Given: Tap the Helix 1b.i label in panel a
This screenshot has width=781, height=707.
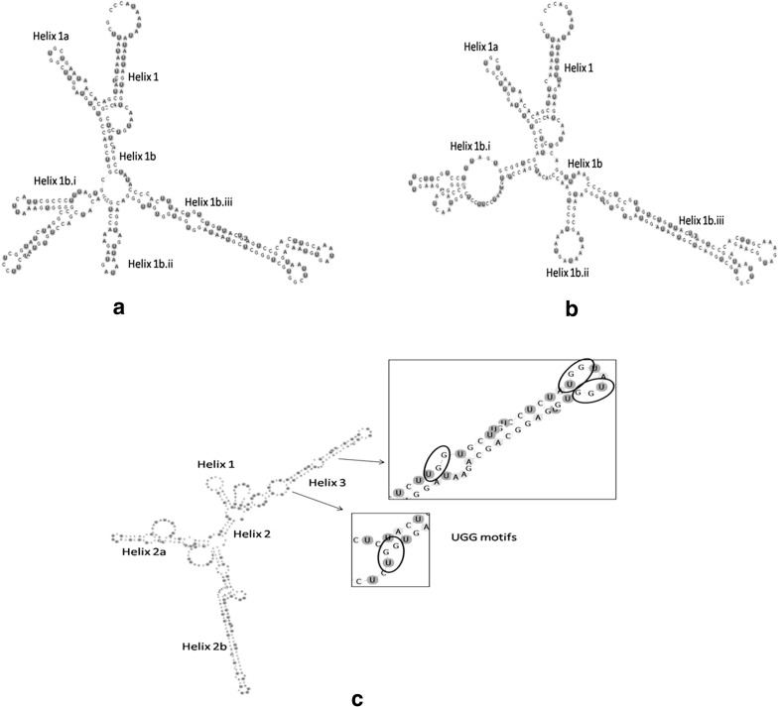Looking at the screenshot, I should [x=57, y=180].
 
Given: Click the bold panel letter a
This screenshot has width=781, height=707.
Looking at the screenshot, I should [x=119, y=308].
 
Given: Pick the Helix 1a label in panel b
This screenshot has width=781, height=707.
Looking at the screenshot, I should [x=480, y=48].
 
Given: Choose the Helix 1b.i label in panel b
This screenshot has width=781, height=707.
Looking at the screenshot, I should [x=475, y=147].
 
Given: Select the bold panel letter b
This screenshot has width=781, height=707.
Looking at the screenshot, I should [x=571, y=308].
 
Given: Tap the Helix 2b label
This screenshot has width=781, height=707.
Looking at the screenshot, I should [x=205, y=647].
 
